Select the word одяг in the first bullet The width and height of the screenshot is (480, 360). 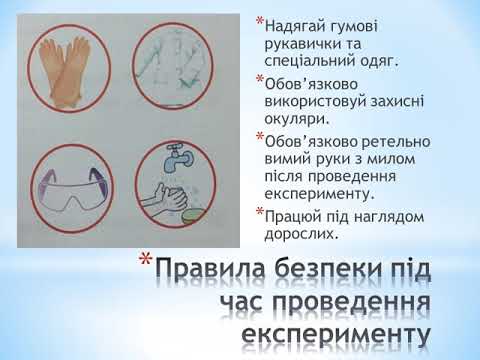click(376, 60)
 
